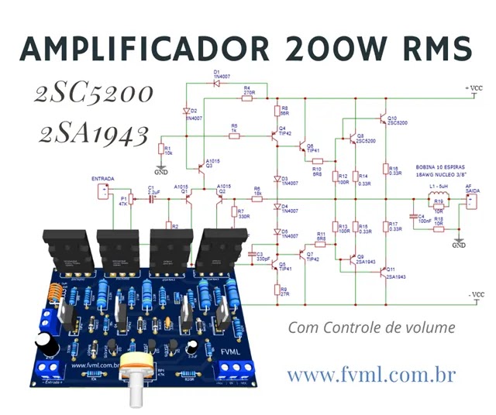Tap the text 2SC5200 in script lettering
pos(93,94)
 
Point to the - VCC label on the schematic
pos(474,295)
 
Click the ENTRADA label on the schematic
pos(103,179)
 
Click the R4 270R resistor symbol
pos(248,99)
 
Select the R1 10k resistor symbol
pos(161,149)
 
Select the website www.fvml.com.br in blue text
pos(370,376)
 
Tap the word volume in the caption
pos(431,328)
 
